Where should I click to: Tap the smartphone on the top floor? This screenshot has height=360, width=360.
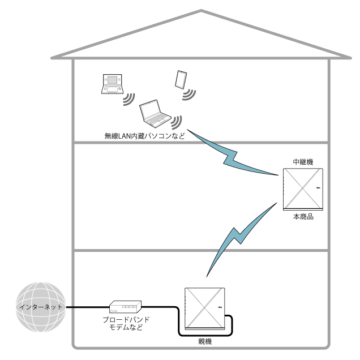(181, 79)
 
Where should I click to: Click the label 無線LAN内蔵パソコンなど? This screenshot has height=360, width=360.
(145, 136)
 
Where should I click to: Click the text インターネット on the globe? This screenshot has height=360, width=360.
(40, 307)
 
